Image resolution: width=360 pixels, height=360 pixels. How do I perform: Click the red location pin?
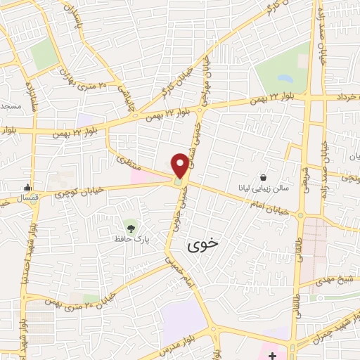pyautogui.click(x=181, y=165)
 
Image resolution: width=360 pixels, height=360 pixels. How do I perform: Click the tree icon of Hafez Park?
pyautogui.click(x=131, y=226)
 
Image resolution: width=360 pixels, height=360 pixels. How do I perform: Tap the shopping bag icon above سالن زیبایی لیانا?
pyautogui.click(x=264, y=177)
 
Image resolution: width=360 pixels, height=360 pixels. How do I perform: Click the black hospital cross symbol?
pyautogui.click(x=273, y=356)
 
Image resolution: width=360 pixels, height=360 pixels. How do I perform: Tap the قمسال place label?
pyautogui.click(x=28, y=199)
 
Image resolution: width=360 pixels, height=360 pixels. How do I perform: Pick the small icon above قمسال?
pyautogui.click(x=27, y=187)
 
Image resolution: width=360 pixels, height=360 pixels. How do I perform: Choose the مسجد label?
pyautogui.click(x=11, y=106)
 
